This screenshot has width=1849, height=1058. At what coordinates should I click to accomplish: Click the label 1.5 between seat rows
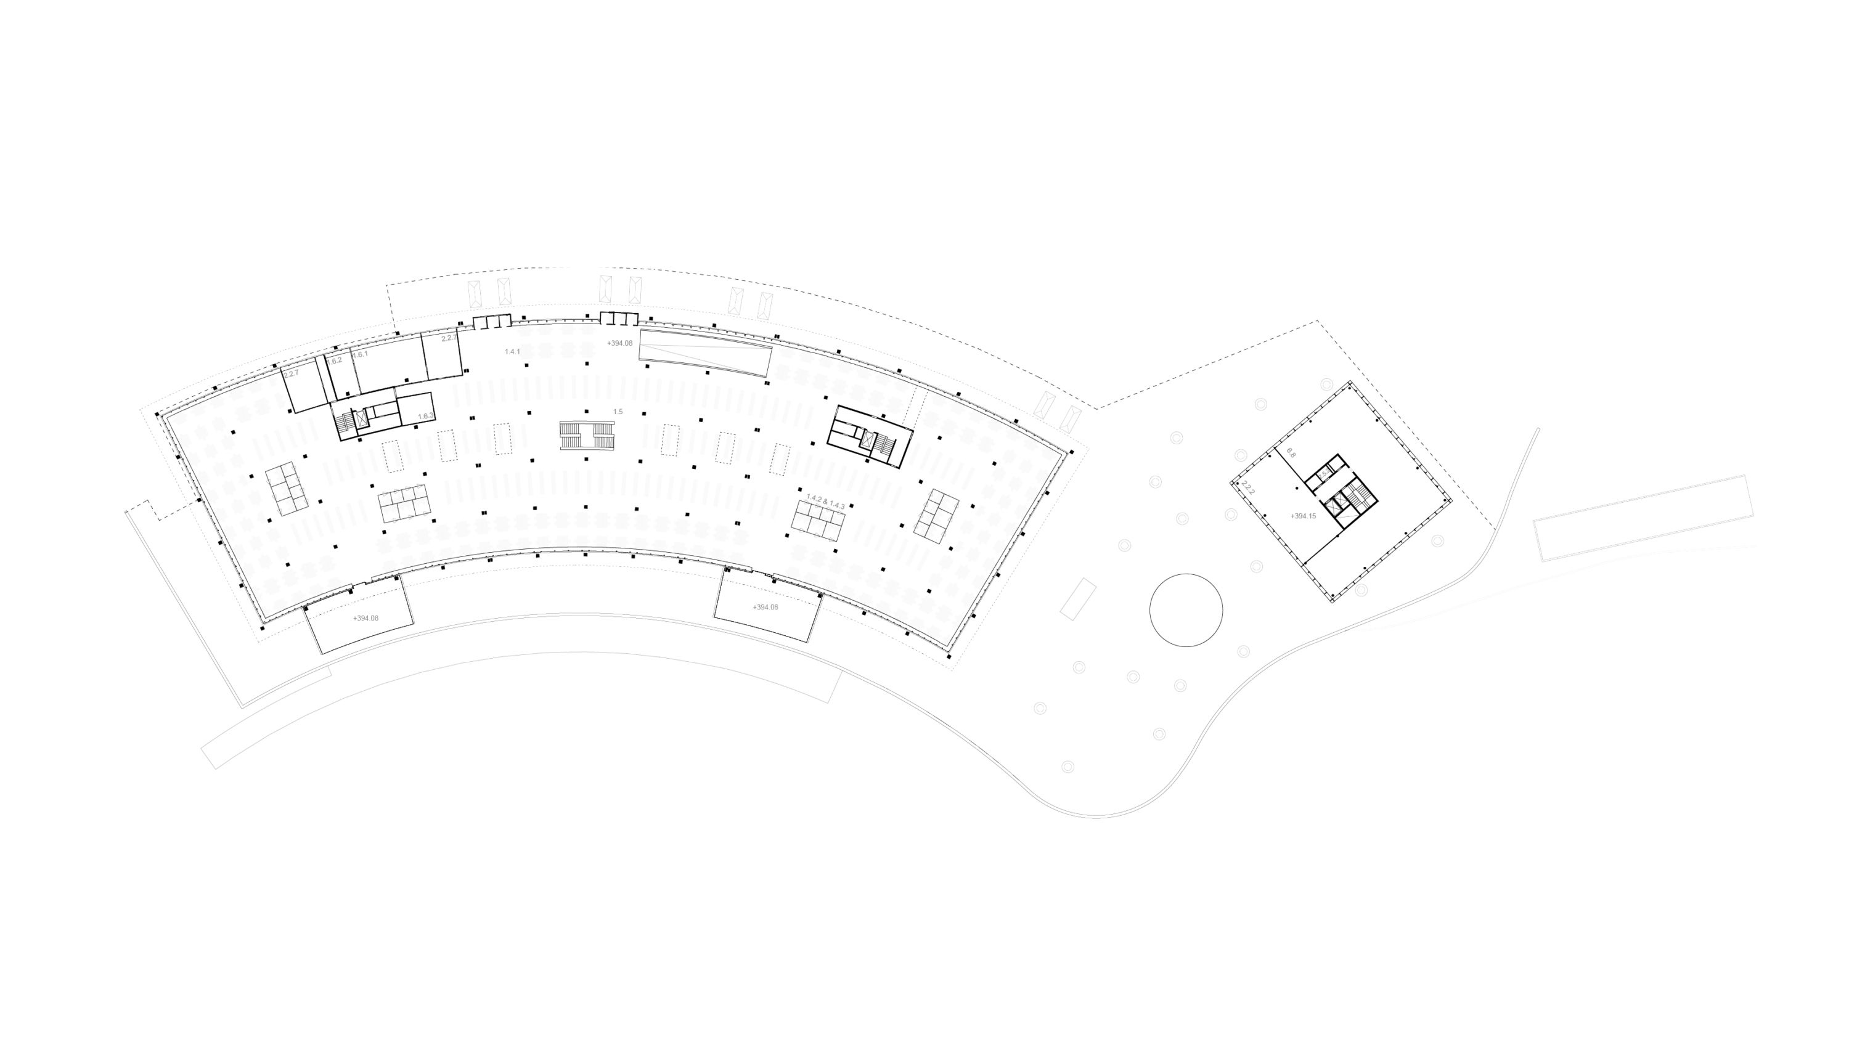click(x=618, y=412)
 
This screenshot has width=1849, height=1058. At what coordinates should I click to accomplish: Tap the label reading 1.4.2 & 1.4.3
click(x=826, y=500)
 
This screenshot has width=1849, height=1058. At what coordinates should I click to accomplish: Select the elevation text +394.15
click(x=1303, y=516)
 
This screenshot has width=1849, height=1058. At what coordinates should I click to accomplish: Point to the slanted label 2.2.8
click(x=1248, y=487)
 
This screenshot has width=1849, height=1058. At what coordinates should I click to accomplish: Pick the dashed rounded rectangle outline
click(x=1334, y=485)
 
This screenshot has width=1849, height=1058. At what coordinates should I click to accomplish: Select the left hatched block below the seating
click(x=357, y=616)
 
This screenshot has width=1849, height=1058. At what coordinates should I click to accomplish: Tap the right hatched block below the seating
click(x=767, y=604)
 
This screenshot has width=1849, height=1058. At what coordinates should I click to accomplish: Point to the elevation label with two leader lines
click(x=620, y=343)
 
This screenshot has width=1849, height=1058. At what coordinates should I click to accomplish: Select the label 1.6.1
click(x=360, y=354)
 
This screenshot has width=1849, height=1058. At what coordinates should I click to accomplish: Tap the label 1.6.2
click(x=334, y=361)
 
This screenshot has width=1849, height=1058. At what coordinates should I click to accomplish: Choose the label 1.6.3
click(x=425, y=417)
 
